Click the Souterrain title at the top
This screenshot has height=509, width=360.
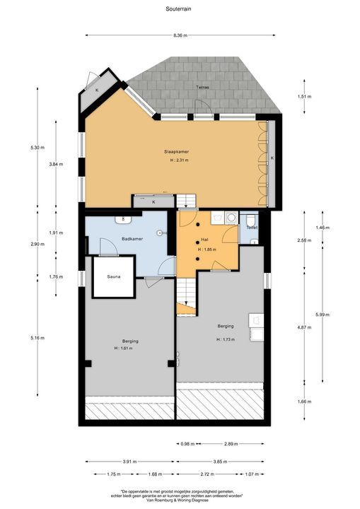point(180,8)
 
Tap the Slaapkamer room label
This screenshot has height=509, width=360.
point(176,151)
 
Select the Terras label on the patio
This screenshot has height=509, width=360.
point(204,87)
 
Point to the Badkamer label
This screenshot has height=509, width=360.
point(132,239)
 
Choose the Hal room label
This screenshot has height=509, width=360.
point(204,240)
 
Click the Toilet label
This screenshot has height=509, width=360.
point(252,228)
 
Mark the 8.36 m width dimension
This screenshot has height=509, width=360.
point(180,35)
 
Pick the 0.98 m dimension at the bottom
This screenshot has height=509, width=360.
point(187,444)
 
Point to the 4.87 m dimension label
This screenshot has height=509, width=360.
point(303,328)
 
